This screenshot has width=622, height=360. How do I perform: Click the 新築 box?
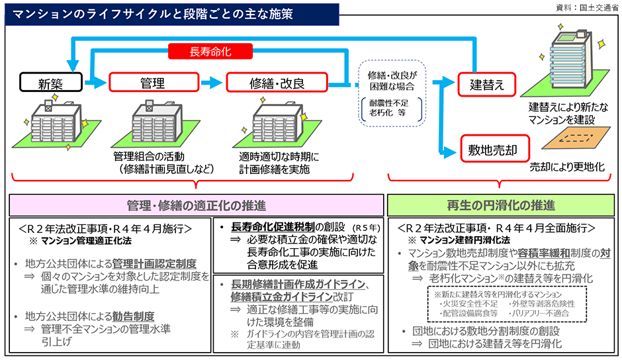click(50, 83)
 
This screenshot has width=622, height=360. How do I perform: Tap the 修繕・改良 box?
click(277, 83)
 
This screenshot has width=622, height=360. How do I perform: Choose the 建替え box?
click(487, 84)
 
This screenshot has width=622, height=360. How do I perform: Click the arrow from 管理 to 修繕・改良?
click(210, 83)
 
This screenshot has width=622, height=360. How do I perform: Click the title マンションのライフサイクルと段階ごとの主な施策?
click(150, 13)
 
